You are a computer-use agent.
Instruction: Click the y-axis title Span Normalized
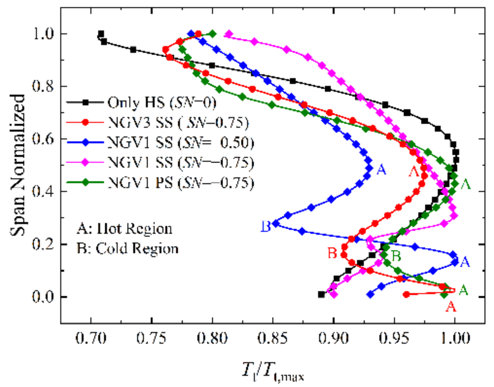click(x=18, y=165)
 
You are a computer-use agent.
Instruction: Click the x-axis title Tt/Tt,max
click(x=273, y=371)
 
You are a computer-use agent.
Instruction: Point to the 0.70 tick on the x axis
click(x=91, y=338)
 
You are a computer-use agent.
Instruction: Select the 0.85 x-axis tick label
click(x=273, y=338)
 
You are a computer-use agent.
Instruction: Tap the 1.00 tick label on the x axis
click(x=455, y=338)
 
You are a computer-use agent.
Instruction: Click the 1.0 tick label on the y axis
click(x=43, y=34)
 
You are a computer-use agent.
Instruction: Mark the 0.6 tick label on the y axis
click(x=43, y=139)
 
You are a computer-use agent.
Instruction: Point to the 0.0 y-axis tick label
click(x=43, y=297)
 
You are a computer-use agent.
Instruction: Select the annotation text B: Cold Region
click(x=127, y=248)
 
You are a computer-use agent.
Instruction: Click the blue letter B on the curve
click(x=266, y=226)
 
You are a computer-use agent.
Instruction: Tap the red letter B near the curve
click(x=332, y=253)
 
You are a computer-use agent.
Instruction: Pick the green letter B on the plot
click(x=396, y=256)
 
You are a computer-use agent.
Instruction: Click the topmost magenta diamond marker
click(x=229, y=34)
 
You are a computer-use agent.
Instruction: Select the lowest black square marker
click(x=322, y=295)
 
